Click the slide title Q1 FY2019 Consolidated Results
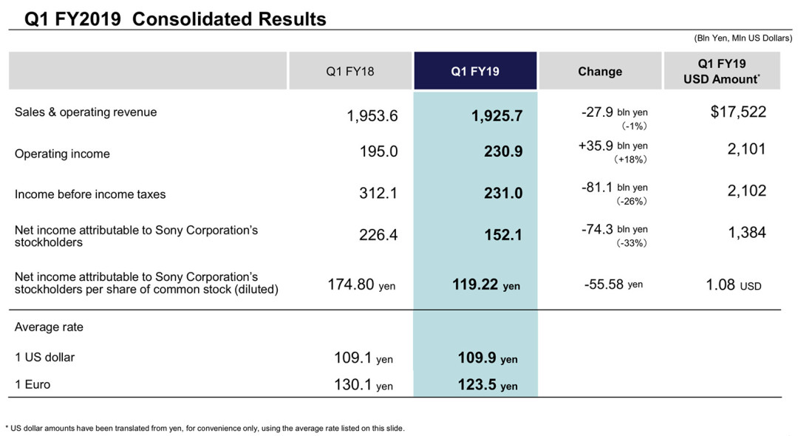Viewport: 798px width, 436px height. pyautogui.click(x=175, y=18)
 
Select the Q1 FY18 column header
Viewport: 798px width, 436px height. pyautogui.click(x=350, y=71)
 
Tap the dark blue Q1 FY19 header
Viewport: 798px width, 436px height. pyautogui.click(x=475, y=71)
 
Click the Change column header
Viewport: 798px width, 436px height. pyautogui.click(x=600, y=71)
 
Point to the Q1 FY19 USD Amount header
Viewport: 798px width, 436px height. pyautogui.click(x=722, y=71)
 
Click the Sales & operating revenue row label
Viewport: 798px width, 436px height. pyautogui.click(x=86, y=112)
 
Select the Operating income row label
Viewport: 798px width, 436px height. pyautogui.click(x=62, y=154)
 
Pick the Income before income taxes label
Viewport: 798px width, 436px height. pyautogui.click(x=90, y=194)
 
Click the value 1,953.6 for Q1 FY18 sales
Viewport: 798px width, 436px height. pyautogui.click(x=372, y=116)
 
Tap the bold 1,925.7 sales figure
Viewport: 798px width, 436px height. pyautogui.click(x=497, y=116)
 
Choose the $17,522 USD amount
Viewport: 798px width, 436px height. pyautogui.click(x=738, y=112)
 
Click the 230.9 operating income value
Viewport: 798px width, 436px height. pyautogui.click(x=503, y=151)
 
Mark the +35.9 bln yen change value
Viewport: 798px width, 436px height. pyautogui.click(x=613, y=146)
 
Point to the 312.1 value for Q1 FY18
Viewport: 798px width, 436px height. pyautogui.click(x=378, y=194)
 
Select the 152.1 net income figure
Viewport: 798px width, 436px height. pyautogui.click(x=503, y=235)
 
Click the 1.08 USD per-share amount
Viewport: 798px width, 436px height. pyautogui.click(x=734, y=285)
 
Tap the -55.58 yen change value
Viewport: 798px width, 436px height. pyautogui.click(x=613, y=285)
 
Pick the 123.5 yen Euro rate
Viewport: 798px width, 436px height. pyautogui.click(x=488, y=384)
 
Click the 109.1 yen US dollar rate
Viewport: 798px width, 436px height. pyautogui.click(x=364, y=358)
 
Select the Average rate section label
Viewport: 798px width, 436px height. pyautogui.click(x=49, y=327)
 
